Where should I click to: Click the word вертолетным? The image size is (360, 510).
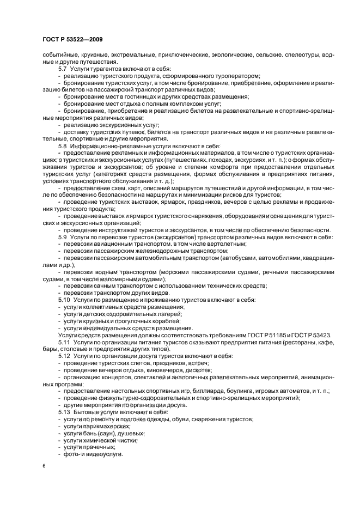(224, 244)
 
